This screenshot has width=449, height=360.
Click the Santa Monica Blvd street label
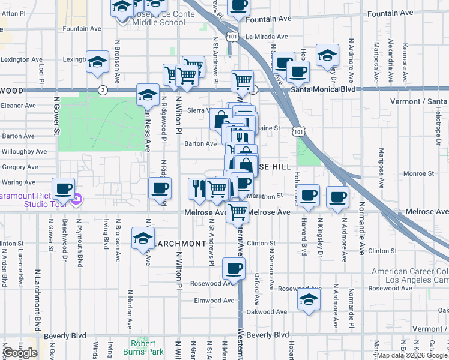click(x=323, y=89)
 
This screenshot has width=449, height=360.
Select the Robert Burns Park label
click(x=143, y=348)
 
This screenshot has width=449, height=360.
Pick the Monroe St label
click(x=418, y=173)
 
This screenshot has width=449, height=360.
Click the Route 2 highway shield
click(x=103, y=90)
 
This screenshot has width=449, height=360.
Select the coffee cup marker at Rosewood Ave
click(x=234, y=268)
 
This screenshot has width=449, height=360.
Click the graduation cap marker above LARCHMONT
click(x=143, y=238)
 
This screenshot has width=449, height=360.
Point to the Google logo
click(x=20, y=353)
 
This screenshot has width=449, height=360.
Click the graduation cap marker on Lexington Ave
click(x=97, y=62)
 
